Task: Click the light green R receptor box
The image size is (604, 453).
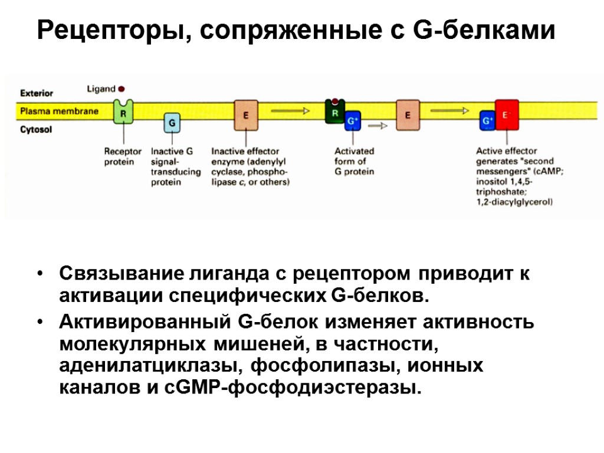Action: tap(123, 110)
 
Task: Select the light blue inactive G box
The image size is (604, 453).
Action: tap(172, 123)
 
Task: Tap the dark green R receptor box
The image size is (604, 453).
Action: tap(335, 111)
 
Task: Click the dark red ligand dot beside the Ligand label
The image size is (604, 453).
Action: tap(122, 89)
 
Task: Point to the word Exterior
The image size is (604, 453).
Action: tap(37, 93)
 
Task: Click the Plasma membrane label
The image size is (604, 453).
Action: tap(59, 111)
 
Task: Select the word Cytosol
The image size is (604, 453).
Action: tap(36, 129)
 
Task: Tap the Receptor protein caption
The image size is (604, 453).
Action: tap(123, 156)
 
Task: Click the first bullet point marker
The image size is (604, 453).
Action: tap(40, 274)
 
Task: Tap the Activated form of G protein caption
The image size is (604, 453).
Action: tap(354, 161)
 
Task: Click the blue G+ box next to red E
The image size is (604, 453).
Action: tap(487, 120)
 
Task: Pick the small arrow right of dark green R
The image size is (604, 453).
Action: tap(381, 125)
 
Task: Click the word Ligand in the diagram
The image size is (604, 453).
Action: tap(101, 89)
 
